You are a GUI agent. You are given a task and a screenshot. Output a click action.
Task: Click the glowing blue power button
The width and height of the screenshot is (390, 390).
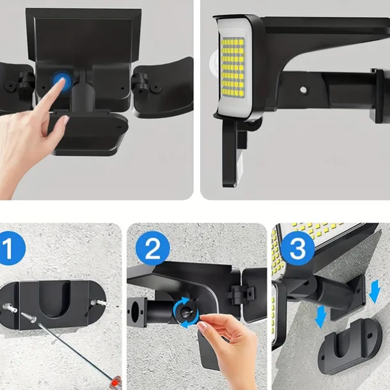pyautogui.click(x=62, y=81)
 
